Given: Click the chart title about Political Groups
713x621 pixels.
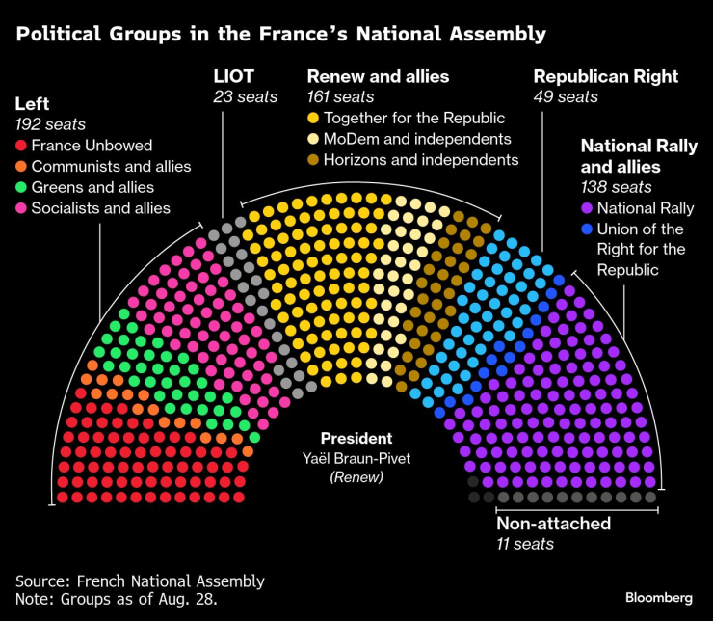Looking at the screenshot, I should click(280, 35).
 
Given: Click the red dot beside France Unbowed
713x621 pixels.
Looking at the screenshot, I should click(21, 147).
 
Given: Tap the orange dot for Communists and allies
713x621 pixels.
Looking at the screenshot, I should click(21, 167).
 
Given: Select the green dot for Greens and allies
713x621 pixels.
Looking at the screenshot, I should click(21, 187).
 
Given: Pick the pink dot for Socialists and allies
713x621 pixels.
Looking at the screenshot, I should click(21, 208).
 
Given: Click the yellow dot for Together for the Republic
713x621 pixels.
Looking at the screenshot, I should click(313, 119).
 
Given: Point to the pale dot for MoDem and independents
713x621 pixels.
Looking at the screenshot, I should click(313, 139).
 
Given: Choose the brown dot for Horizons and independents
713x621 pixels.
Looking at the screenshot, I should click(313, 160).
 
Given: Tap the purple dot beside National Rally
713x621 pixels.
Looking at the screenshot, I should click(587, 208).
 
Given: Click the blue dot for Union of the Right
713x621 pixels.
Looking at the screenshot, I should click(587, 229).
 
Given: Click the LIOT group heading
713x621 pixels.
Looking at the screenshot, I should click(234, 76).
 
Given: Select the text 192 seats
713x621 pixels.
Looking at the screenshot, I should click(50, 124).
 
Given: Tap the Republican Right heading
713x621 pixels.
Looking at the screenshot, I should click(605, 76).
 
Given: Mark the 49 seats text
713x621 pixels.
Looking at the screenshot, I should click(566, 96).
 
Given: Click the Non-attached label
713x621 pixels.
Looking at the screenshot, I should click(553, 524).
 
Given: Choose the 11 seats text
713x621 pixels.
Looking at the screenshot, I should click(525, 544).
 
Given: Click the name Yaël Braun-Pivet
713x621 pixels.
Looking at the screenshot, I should click(356, 458).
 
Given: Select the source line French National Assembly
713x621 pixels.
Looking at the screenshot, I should click(140, 580).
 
